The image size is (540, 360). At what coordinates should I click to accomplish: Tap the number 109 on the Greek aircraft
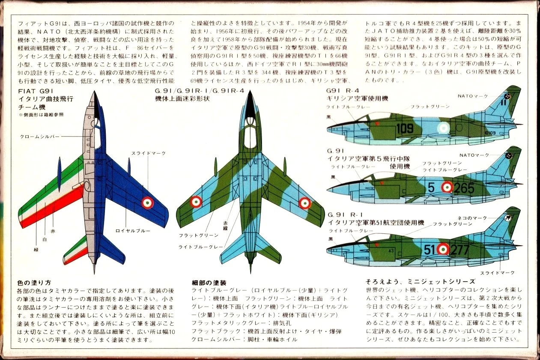405,128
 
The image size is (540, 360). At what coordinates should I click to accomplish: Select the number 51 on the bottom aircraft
429,249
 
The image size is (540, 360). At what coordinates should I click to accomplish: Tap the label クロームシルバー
39,137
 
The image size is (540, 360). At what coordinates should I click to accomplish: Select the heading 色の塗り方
34,283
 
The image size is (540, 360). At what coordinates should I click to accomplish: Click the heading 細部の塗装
209,283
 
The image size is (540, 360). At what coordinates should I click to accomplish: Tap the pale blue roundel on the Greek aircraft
442,128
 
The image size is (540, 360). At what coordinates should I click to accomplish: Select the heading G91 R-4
343,91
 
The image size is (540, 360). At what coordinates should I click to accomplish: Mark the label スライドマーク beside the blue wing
148,153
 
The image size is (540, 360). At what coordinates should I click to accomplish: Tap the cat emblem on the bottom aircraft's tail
508,218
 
